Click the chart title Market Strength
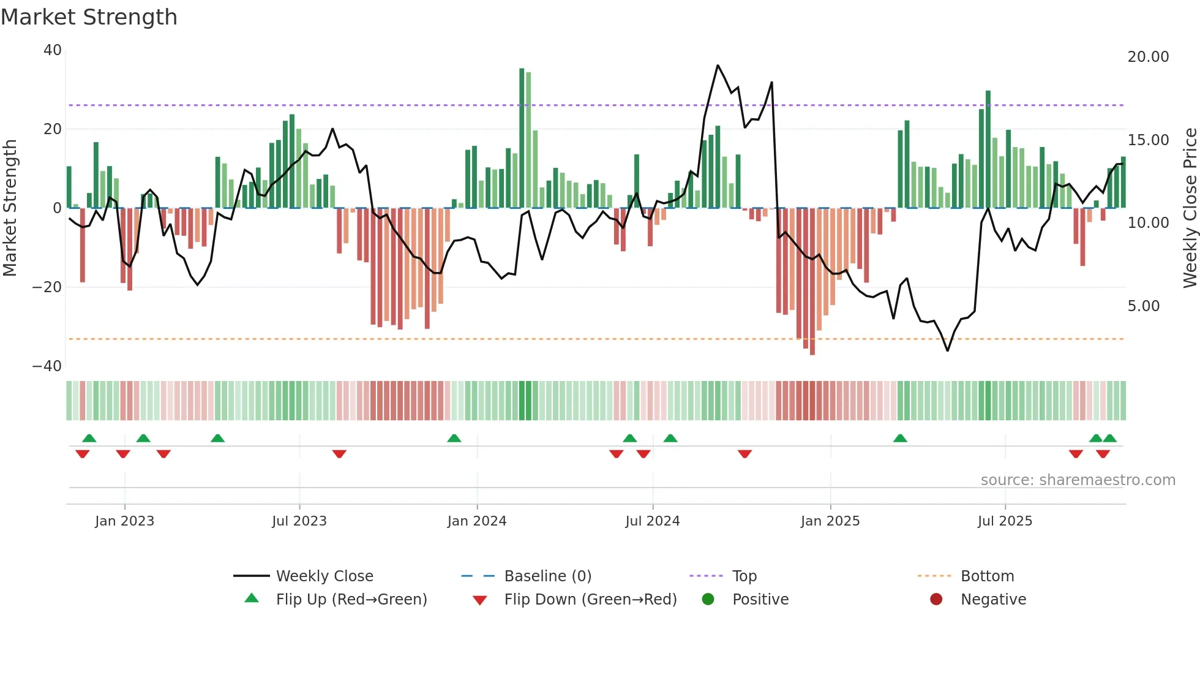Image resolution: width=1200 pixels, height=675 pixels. (89, 17)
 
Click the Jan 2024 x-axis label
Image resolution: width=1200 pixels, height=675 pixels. (477, 521)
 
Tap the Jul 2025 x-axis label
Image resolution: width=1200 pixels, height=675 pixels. (1005, 521)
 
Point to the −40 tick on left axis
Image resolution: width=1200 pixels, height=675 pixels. (47, 366)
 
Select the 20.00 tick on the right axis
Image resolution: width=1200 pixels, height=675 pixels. (1148, 57)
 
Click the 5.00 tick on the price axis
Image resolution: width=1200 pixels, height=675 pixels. (1143, 306)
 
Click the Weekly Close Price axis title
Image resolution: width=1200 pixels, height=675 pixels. (1190, 208)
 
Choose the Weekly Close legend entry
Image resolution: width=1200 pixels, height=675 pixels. (324, 576)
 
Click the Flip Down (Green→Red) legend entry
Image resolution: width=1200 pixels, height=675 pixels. (590, 600)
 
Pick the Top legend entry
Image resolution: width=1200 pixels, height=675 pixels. (744, 576)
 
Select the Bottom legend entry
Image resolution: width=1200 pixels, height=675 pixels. (987, 576)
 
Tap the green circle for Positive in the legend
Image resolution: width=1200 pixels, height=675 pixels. (708, 600)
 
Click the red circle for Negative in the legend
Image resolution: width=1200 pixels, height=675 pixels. (936, 600)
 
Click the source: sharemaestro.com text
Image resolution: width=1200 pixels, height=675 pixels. (1078, 480)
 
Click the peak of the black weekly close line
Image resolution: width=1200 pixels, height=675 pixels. (718, 66)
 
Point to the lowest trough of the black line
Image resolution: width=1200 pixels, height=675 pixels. (947, 350)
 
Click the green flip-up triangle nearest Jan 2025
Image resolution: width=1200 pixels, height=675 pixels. (900, 439)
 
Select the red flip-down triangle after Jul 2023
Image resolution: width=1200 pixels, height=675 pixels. (339, 454)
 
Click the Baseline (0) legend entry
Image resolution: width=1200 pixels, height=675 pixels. (547, 576)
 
